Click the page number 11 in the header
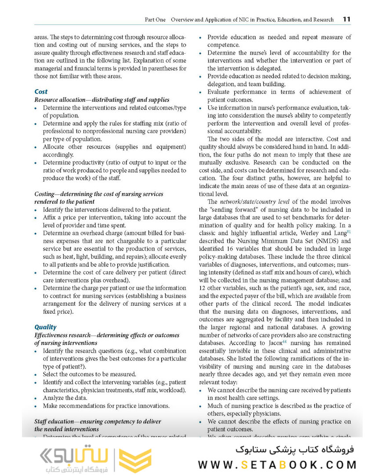(x=346, y=19)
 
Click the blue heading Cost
(x=41, y=91)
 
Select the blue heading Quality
(x=45, y=327)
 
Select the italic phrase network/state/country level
(x=254, y=202)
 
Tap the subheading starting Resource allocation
(x=102, y=100)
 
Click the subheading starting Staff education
(x=98, y=421)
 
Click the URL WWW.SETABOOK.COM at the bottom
(x=277, y=465)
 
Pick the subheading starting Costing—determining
(x=99, y=194)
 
